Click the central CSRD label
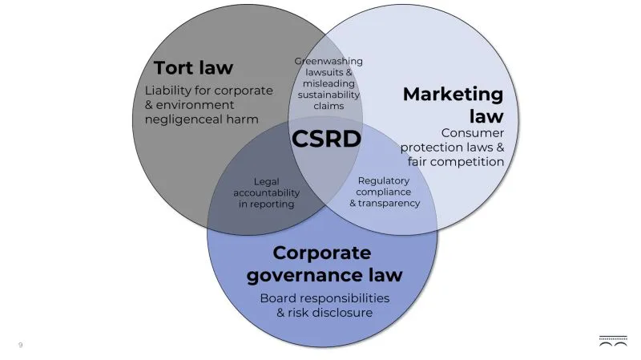click(326, 139)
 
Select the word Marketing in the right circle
click(453, 95)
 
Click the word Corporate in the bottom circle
click(322, 253)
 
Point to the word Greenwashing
click(329, 61)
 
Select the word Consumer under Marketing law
click(473, 132)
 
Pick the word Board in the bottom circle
click(278, 297)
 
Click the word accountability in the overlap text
click(267, 192)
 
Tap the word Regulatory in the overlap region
click(384, 180)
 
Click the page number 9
click(21, 345)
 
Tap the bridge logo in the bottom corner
click(613, 342)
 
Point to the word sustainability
click(329, 95)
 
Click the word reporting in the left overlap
click(274, 204)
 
